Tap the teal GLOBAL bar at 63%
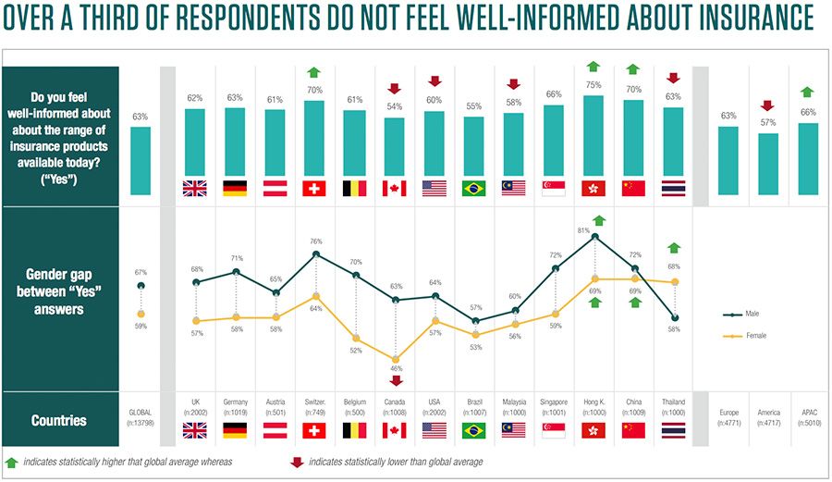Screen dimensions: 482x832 click(140, 161)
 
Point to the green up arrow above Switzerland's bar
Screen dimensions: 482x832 click(314, 72)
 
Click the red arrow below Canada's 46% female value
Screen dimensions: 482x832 click(395, 380)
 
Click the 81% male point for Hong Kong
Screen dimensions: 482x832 click(594, 236)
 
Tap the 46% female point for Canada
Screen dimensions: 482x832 click(395, 359)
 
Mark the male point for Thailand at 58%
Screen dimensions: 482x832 click(674, 317)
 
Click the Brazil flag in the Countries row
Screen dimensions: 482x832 click(474, 429)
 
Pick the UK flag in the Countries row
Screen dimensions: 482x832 click(195, 429)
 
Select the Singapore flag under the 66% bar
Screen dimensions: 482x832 click(554, 189)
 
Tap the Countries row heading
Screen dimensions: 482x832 click(59, 420)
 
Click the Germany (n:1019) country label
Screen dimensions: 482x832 click(235, 406)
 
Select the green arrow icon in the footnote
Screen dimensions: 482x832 click(12, 460)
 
